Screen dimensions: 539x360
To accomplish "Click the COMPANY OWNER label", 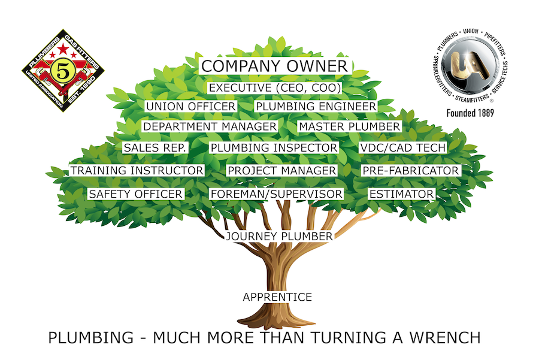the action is click(x=275, y=66).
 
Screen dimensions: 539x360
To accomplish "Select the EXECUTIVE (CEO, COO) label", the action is click(x=275, y=87).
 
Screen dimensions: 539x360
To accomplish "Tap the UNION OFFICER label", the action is click(x=191, y=106).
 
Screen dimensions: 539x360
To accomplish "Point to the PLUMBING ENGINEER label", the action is click(x=316, y=106).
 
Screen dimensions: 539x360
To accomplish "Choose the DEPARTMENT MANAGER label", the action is click(x=210, y=126).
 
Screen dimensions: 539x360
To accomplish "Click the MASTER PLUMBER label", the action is click(x=350, y=126).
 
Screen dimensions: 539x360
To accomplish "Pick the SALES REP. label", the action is click(x=155, y=147).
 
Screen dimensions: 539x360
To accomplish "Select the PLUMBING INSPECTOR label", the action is click(x=274, y=147).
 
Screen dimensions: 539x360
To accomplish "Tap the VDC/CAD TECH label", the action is click(x=402, y=147).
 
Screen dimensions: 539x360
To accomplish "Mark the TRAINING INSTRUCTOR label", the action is click(x=137, y=171).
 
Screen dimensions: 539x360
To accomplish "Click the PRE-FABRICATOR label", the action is click(x=411, y=171).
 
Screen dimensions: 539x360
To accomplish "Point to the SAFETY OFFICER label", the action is click(x=136, y=194).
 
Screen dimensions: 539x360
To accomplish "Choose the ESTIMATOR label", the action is click(x=401, y=194).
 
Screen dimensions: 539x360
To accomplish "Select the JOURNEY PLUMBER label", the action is click(x=280, y=237).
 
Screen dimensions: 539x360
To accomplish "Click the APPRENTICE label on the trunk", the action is click(x=277, y=297).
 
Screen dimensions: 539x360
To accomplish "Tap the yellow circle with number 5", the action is click(x=62, y=72).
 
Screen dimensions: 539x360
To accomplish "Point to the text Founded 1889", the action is click(x=470, y=113).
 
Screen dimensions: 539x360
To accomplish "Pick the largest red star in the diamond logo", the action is click(x=63, y=49).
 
